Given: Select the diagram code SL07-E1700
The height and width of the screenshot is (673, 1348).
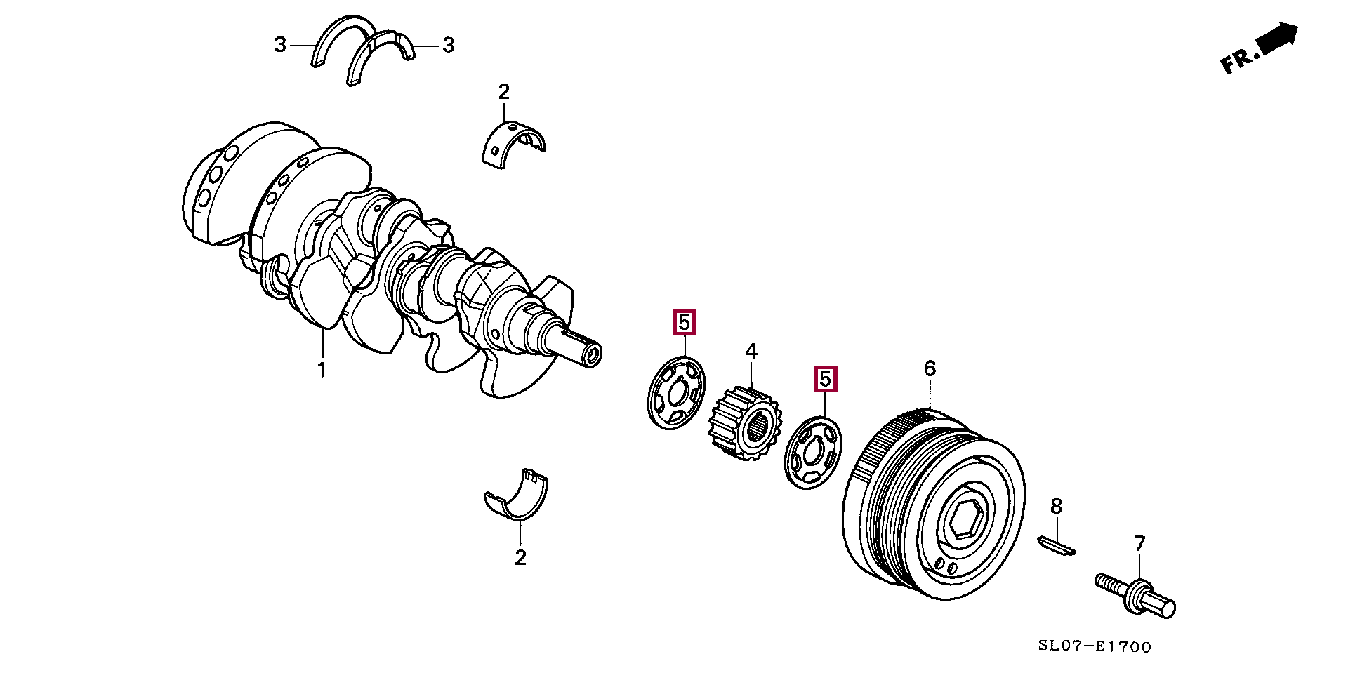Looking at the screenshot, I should pos(1095,646).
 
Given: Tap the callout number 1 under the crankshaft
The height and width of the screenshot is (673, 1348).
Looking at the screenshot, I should pos(322,370).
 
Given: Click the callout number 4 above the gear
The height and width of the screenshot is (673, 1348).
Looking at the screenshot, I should pos(751,351).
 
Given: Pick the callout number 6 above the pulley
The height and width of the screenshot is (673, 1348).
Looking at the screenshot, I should pos(930,368).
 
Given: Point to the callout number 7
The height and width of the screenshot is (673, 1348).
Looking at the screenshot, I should pos(1139,543).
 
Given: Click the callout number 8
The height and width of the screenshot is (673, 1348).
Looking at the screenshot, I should pos(1056,506).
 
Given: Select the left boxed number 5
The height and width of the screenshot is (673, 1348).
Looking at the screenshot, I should pos(684,322).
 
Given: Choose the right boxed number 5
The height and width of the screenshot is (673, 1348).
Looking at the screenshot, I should pos(825,379).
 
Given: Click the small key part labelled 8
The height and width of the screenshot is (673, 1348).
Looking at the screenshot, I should pos(1056,545).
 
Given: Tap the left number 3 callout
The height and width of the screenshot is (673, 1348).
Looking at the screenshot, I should pos(281,45).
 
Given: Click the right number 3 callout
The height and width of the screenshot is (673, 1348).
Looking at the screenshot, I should pos(448,46).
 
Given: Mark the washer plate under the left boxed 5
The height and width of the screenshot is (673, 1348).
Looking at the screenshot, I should pos(675,393).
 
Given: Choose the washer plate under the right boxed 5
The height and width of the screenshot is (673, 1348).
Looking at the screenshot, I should pos(813,453).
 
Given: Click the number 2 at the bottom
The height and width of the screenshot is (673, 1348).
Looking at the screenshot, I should pos(520,557).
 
